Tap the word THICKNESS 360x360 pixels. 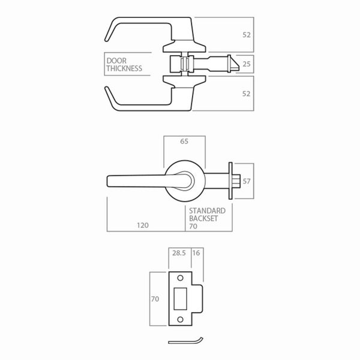tap(124, 68)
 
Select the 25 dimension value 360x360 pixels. tap(247, 62)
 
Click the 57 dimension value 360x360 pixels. tap(247, 180)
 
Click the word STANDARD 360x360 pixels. tap(207, 211)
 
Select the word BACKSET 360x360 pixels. tap(203, 219)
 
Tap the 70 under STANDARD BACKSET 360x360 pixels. tap(193, 227)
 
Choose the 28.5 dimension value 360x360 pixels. tap(178, 254)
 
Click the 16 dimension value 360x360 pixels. tap(196, 254)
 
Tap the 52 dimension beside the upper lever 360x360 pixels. tap(247, 35)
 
